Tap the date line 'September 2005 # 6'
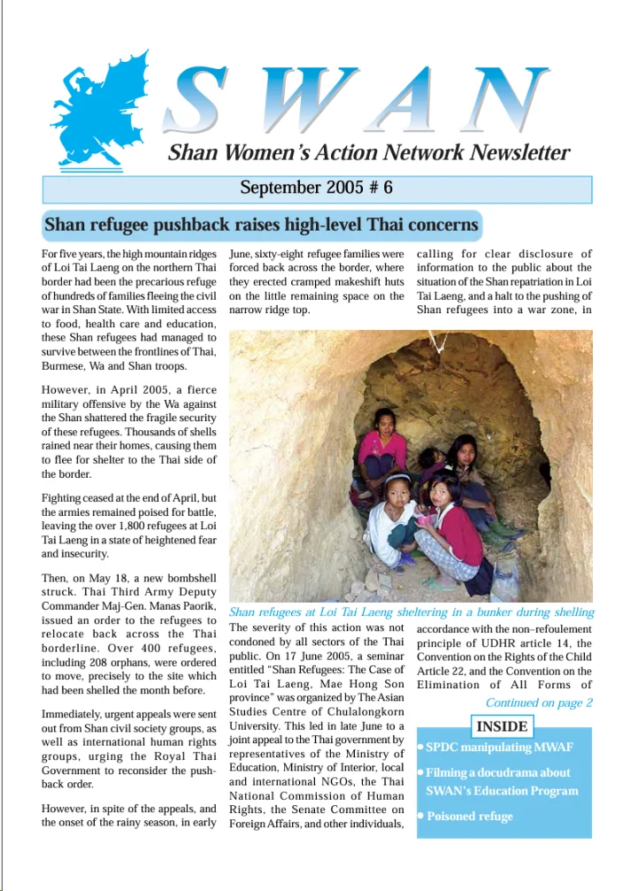316,188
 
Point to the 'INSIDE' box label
503,727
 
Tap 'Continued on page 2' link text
538,703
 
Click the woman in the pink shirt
383,442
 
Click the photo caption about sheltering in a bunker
411,612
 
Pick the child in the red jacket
457,522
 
